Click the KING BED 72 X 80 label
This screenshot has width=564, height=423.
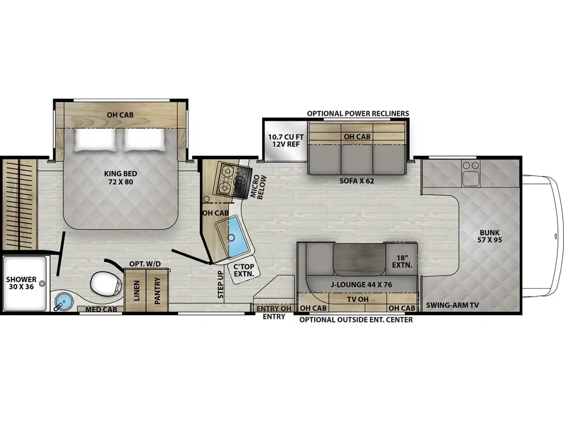(x=120, y=177)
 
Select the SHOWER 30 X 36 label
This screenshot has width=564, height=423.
(x=21, y=283)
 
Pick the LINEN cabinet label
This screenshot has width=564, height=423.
(x=135, y=291)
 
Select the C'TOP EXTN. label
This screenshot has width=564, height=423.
(x=243, y=270)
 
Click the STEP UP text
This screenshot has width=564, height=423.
(x=221, y=284)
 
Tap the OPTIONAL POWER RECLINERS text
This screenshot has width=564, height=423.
(x=358, y=113)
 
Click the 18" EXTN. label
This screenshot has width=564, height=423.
(x=400, y=261)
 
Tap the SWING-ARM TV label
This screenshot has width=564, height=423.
(x=452, y=305)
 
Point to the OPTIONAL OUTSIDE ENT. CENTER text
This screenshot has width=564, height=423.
(x=356, y=319)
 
